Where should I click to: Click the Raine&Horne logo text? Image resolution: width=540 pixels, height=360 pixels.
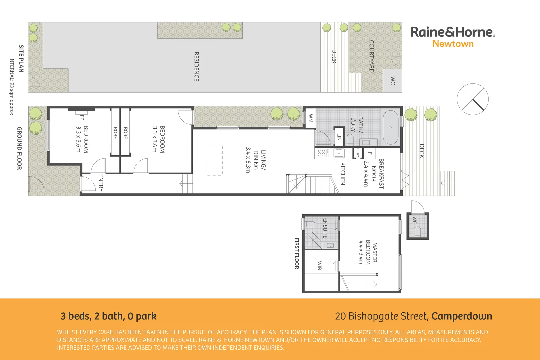click(x=452, y=32)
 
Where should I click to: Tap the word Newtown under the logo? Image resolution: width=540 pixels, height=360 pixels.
click(x=453, y=44)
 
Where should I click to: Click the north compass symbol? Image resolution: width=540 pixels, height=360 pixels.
click(x=472, y=99)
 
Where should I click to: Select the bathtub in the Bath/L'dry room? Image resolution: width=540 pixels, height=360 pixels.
click(x=391, y=127)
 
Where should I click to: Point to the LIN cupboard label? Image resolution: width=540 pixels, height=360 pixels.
click(x=339, y=137)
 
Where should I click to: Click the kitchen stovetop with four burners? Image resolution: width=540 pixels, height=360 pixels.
click(x=322, y=153)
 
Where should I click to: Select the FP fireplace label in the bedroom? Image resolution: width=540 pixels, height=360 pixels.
click(x=82, y=117)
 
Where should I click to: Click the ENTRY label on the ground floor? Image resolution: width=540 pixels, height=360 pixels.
click(x=101, y=183)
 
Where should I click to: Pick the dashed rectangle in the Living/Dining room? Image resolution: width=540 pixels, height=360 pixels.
click(x=214, y=160)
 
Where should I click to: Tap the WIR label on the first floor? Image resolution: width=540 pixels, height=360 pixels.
click(x=319, y=265)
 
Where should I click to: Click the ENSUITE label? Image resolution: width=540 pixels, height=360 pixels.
click(x=325, y=228)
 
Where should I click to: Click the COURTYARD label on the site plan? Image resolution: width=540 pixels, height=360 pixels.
click(x=371, y=56)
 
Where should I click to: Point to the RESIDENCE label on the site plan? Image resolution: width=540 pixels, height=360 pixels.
click(x=196, y=66)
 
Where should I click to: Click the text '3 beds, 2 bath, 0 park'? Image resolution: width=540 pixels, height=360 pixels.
click(x=108, y=316)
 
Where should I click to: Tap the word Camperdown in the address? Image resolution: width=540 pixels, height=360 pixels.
click(x=462, y=316)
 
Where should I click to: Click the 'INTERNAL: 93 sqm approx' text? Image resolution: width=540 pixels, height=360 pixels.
click(x=12, y=86)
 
